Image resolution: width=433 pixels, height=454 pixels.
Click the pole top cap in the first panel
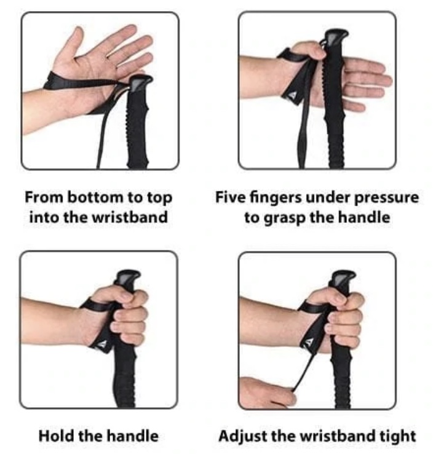[x=140, y=83]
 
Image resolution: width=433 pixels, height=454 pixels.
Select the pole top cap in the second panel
[x=336, y=37]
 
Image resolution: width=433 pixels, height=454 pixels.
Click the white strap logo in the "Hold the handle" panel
[x=102, y=344]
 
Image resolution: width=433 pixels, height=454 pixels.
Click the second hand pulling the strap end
[x=265, y=392]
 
